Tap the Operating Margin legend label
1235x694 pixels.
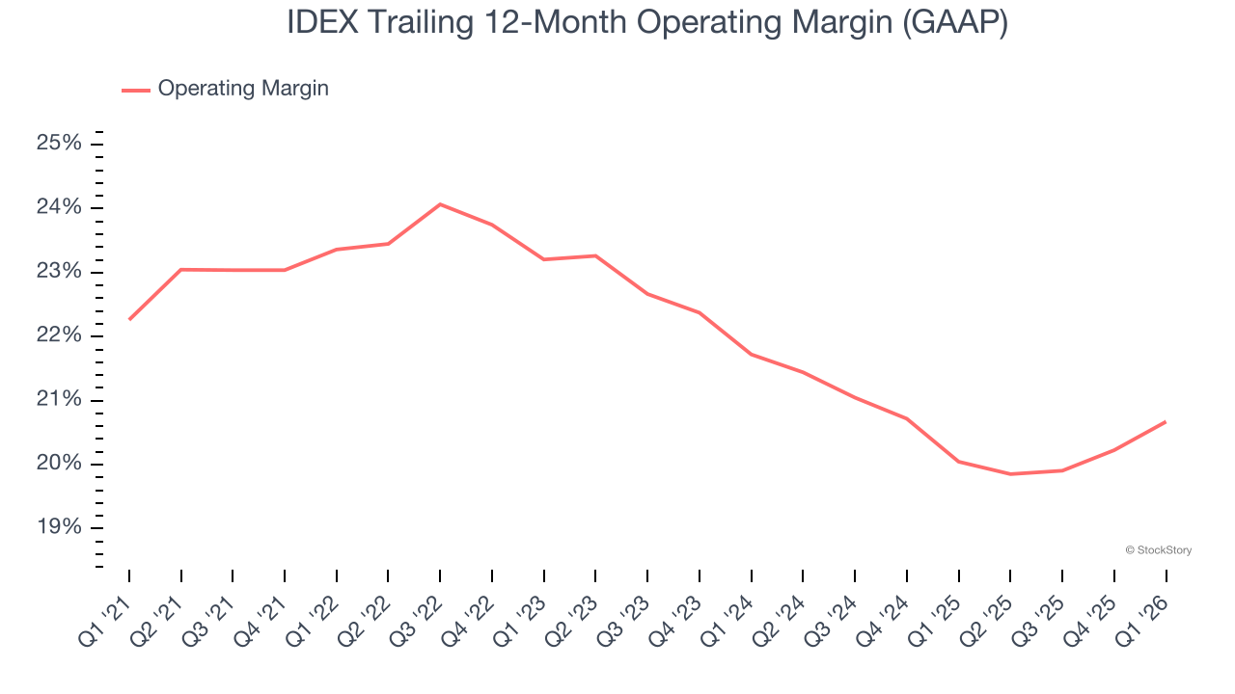click(x=243, y=89)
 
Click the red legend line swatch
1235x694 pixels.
click(x=135, y=90)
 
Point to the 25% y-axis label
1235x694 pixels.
click(x=59, y=144)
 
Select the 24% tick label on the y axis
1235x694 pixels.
click(x=59, y=208)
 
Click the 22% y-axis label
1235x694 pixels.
click(x=59, y=335)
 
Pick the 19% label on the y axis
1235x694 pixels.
click(x=59, y=527)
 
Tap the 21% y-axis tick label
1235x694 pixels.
click(x=59, y=400)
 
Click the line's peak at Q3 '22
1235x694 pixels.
click(x=440, y=204)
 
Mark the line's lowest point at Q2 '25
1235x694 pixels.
click(x=1010, y=474)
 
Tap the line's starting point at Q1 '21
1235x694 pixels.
click(x=129, y=319)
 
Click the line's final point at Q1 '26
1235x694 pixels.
click(x=1166, y=421)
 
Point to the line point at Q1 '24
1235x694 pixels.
click(x=751, y=354)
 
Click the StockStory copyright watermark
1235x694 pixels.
click(x=1158, y=550)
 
